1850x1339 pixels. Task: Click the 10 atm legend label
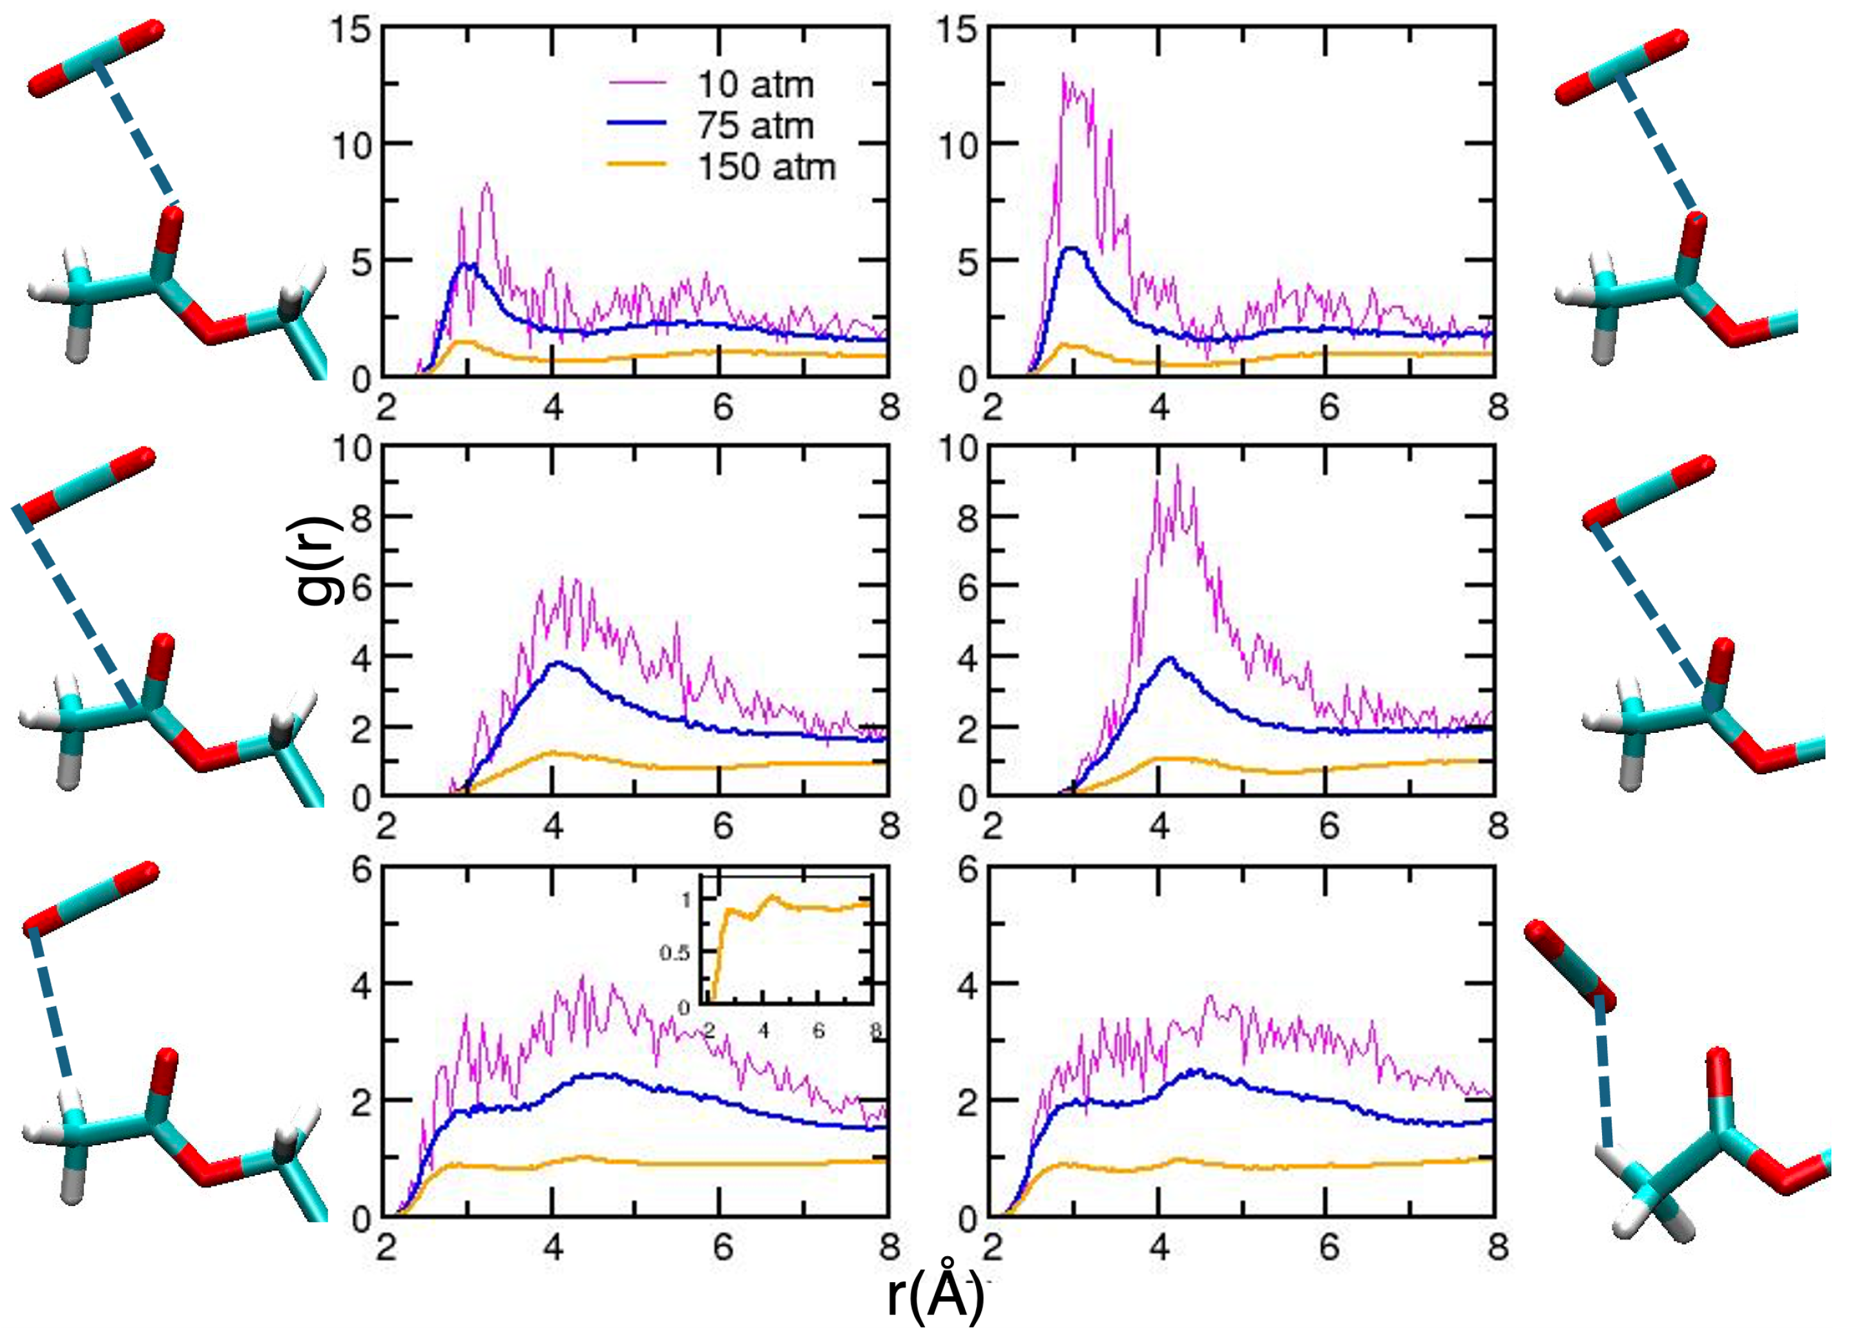(755, 85)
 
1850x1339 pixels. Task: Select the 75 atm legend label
(755, 125)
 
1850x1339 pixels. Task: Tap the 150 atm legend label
(767, 167)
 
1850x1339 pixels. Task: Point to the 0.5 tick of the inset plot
(674, 953)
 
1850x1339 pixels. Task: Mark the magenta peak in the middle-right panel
(1177, 467)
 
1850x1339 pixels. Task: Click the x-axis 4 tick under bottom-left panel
(554, 1248)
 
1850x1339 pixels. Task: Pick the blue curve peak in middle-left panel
(558, 662)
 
